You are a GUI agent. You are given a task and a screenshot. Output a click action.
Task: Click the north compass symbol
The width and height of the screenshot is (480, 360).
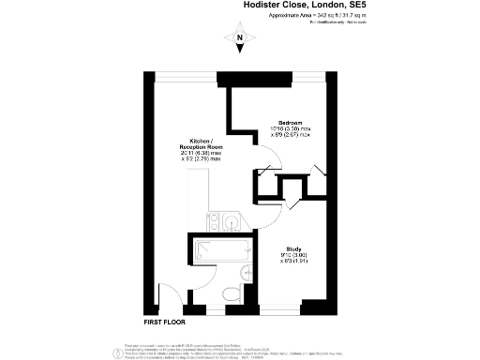tap(240, 40)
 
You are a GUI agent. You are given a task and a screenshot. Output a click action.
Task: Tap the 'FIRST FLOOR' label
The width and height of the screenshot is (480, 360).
tap(165, 322)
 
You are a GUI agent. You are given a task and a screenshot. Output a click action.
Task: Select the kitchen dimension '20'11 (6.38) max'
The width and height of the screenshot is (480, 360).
tap(202, 154)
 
